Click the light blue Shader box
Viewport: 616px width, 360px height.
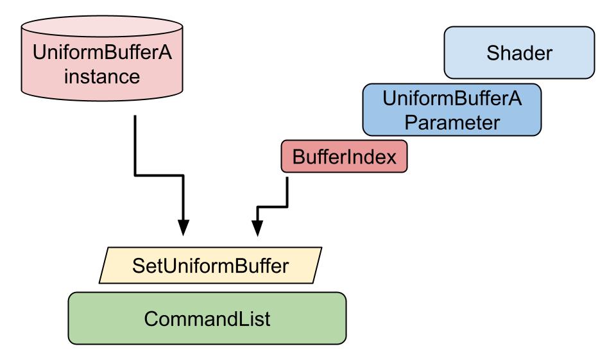coord(519,53)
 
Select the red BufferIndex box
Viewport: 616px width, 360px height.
coord(344,157)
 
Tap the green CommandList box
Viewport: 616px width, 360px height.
coord(207,318)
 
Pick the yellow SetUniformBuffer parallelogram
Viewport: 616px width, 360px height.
coord(210,265)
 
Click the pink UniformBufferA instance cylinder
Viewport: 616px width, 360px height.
coord(102,58)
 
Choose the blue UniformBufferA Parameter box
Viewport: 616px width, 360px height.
coord(452,110)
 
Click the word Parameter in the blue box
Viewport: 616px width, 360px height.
coord(452,122)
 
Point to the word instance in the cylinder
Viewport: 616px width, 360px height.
coord(102,76)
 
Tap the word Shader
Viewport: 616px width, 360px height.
coord(519,53)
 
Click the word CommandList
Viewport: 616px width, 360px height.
coord(207,318)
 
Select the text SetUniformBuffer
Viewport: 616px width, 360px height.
coord(210,266)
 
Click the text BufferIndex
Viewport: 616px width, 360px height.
coord(345,157)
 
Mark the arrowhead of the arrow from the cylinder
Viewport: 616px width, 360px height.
coord(183,228)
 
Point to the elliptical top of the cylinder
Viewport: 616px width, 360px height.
coord(102,26)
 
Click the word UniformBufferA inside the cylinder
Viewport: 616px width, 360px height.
coord(102,52)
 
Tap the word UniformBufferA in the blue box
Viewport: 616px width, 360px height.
coord(452,98)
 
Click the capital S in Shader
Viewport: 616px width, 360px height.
coord(493,53)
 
